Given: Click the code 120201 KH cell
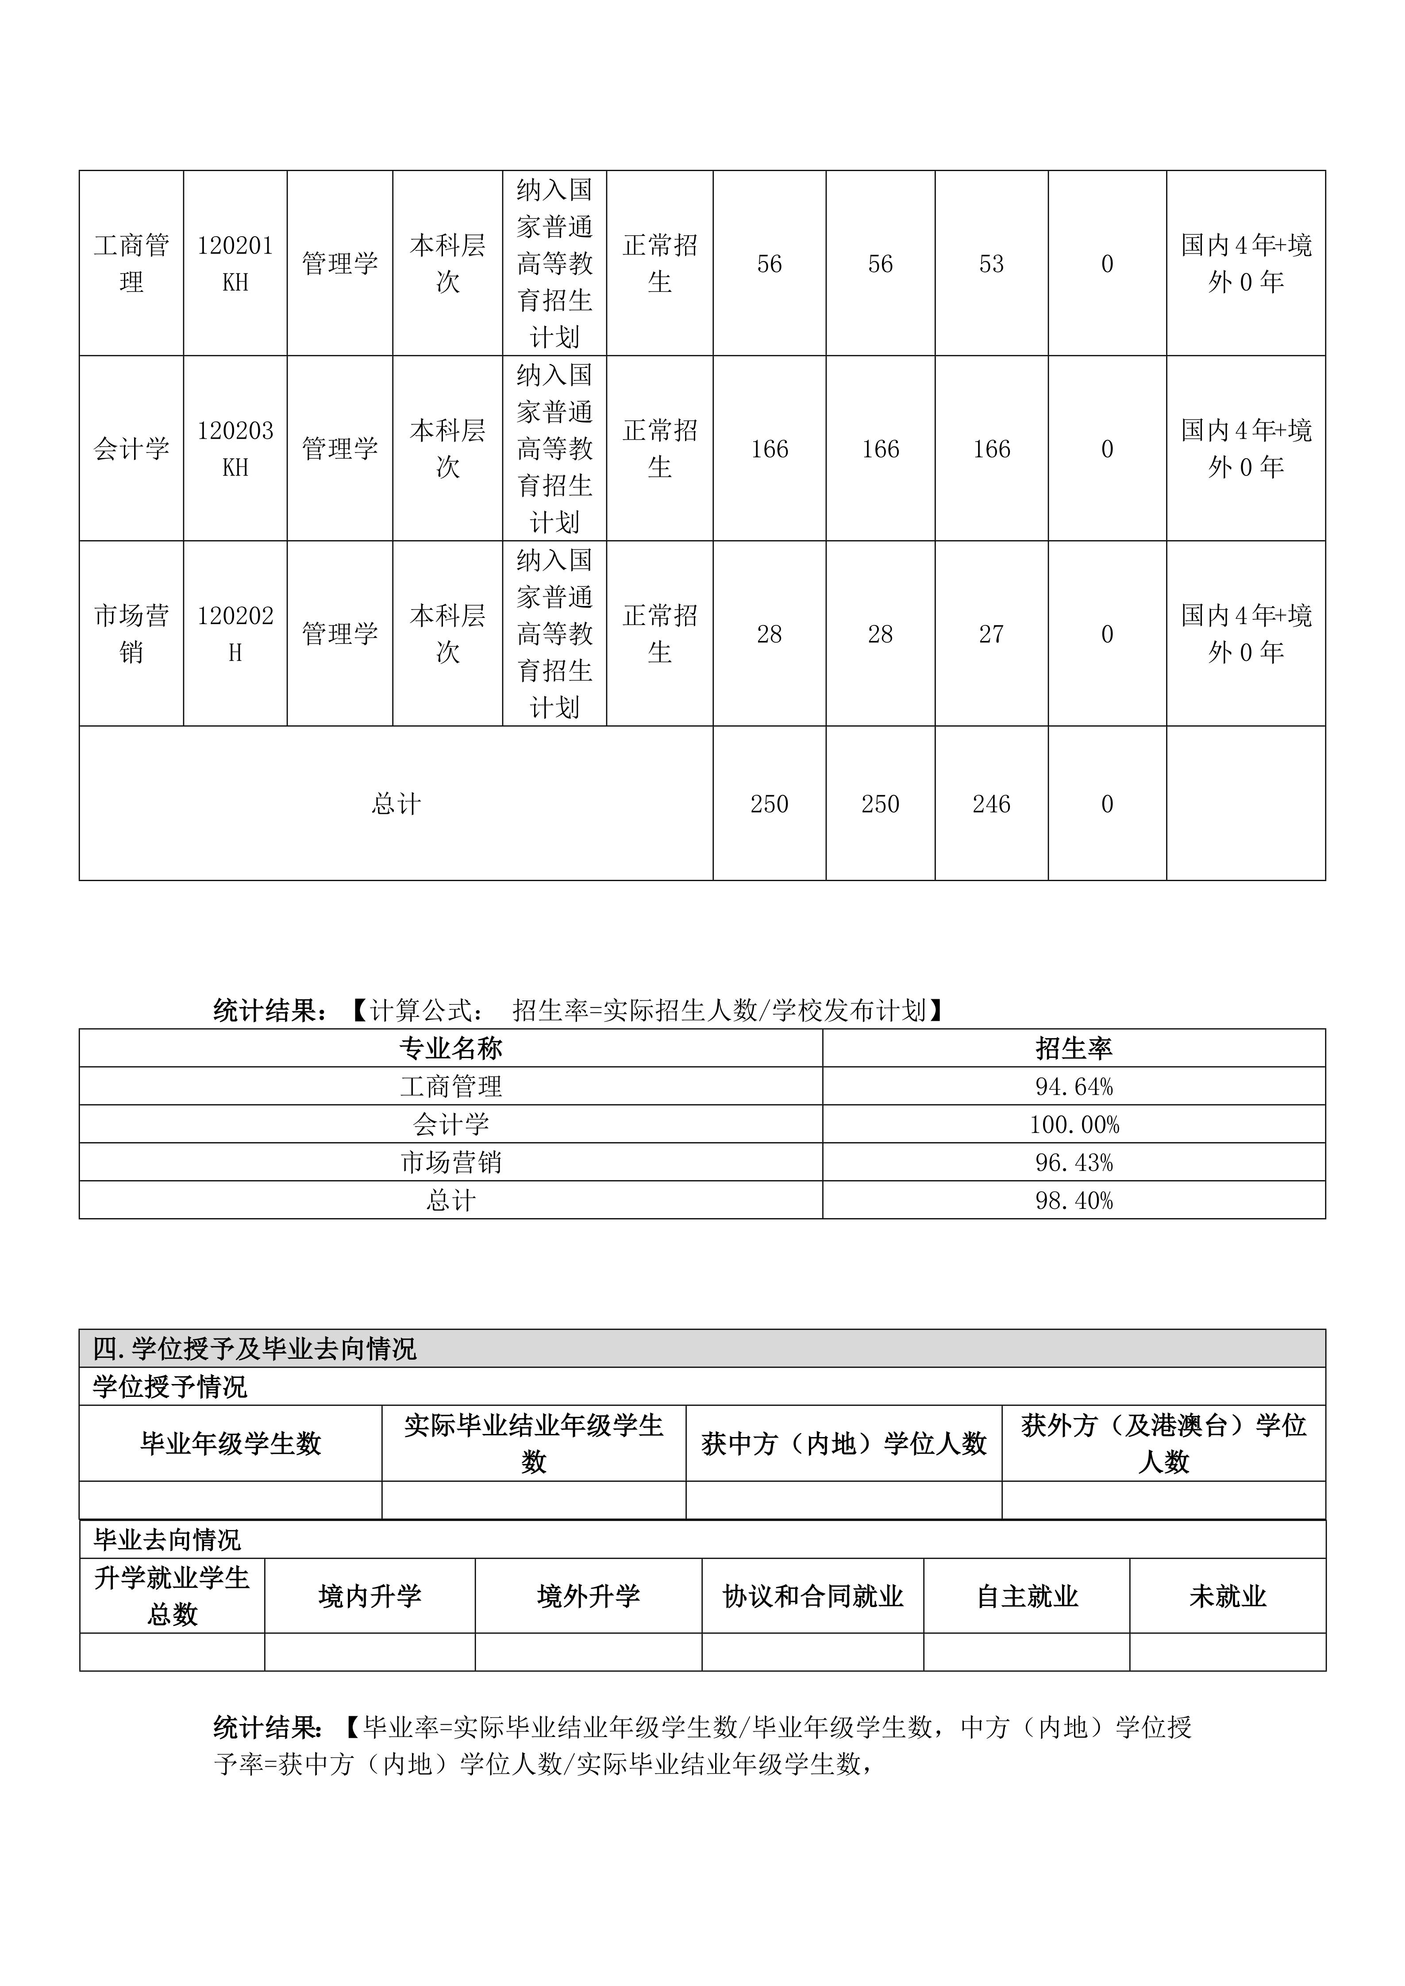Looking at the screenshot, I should tap(235, 264).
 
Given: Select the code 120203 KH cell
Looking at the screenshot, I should tap(235, 449).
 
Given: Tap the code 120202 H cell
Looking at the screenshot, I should tap(235, 634).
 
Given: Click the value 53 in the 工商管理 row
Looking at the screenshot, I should tap(991, 264).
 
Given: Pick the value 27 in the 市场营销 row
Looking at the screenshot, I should tap(991, 634).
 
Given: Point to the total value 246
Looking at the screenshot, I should tap(991, 805).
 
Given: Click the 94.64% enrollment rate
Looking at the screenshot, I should tap(1074, 1086).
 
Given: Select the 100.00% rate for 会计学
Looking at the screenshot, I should tap(1074, 1124).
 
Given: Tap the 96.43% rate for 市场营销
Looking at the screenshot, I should tap(1074, 1162).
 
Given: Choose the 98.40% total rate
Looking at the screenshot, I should tap(1074, 1200).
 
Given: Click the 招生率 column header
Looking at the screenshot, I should tap(1074, 1048).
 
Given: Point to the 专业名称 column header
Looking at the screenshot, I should tap(451, 1048).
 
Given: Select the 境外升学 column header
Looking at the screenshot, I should tap(588, 1596).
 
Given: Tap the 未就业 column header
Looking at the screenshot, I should tap(1228, 1596).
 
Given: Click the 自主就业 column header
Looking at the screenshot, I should tap(1027, 1596).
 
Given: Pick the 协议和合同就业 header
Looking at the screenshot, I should tap(813, 1596).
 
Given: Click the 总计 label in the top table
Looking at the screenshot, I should tap(396, 805).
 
